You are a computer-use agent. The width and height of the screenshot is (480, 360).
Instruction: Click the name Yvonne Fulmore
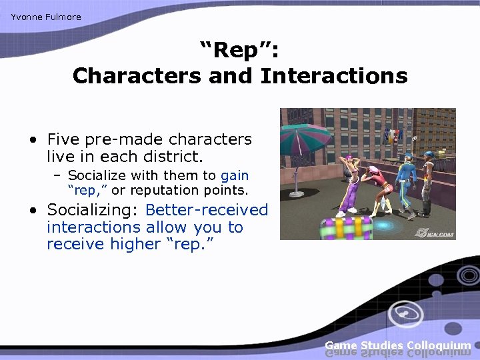[x=45, y=17]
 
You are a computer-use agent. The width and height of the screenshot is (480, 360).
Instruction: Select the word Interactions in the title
[x=333, y=76]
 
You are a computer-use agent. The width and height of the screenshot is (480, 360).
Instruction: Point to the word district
[x=170, y=157]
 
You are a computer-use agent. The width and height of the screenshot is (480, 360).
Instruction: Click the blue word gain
[x=234, y=175]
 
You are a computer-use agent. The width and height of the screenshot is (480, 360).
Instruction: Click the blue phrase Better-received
[x=206, y=210]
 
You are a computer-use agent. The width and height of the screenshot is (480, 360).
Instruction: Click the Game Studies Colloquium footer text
[x=397, y=345]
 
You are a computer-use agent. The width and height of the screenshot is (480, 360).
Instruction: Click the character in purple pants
[x=350, y=183]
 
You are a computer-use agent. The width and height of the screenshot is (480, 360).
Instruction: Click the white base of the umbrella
[x=295, y=193]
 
